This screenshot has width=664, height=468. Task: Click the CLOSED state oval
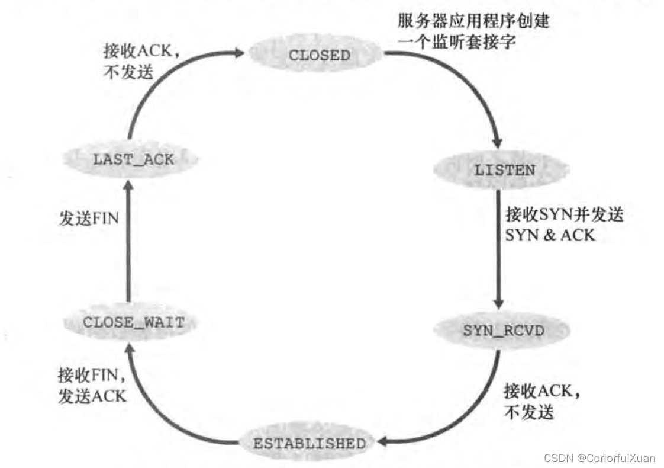pyautogui.click(x=319, y=55)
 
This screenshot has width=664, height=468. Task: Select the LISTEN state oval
pyautogui.click(x=504, y=171)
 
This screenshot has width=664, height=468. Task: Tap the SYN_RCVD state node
pyautogui.click(x=503, y=331)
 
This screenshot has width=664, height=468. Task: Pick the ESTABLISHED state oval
pyautogui.click(x=310, y=443)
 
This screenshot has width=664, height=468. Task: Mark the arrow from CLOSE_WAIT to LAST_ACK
pyautogui.click(x=128, y=243)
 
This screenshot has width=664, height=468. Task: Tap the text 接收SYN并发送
pyautogui.click(x=564, y=214)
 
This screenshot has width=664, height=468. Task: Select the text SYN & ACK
pyautogui.click(x=550, y=235)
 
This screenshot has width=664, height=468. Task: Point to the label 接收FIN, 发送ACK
pyautogui.click(x=92, y=386)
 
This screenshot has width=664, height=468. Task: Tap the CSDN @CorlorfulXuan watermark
pyautogui.click(x=600, y=458)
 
